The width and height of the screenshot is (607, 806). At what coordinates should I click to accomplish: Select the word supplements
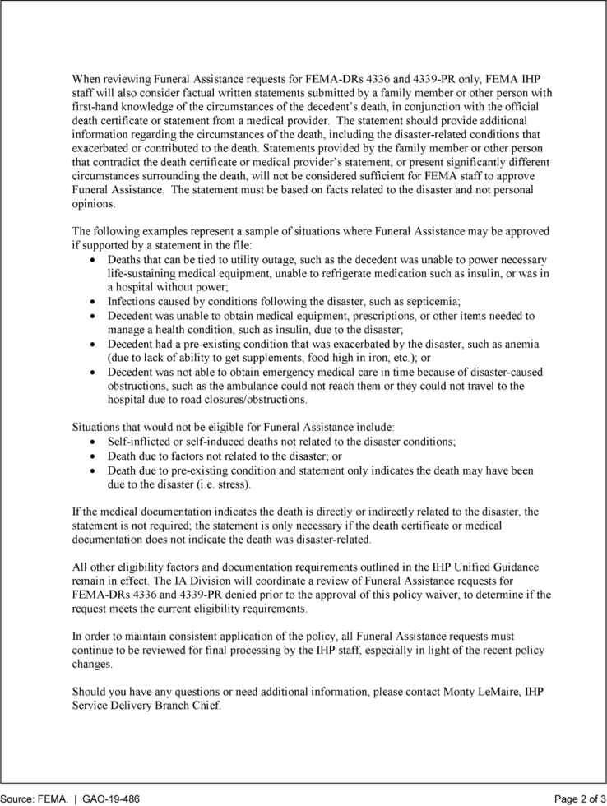coord(279,358)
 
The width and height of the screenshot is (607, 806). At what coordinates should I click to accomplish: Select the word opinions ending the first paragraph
coord(94,204)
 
